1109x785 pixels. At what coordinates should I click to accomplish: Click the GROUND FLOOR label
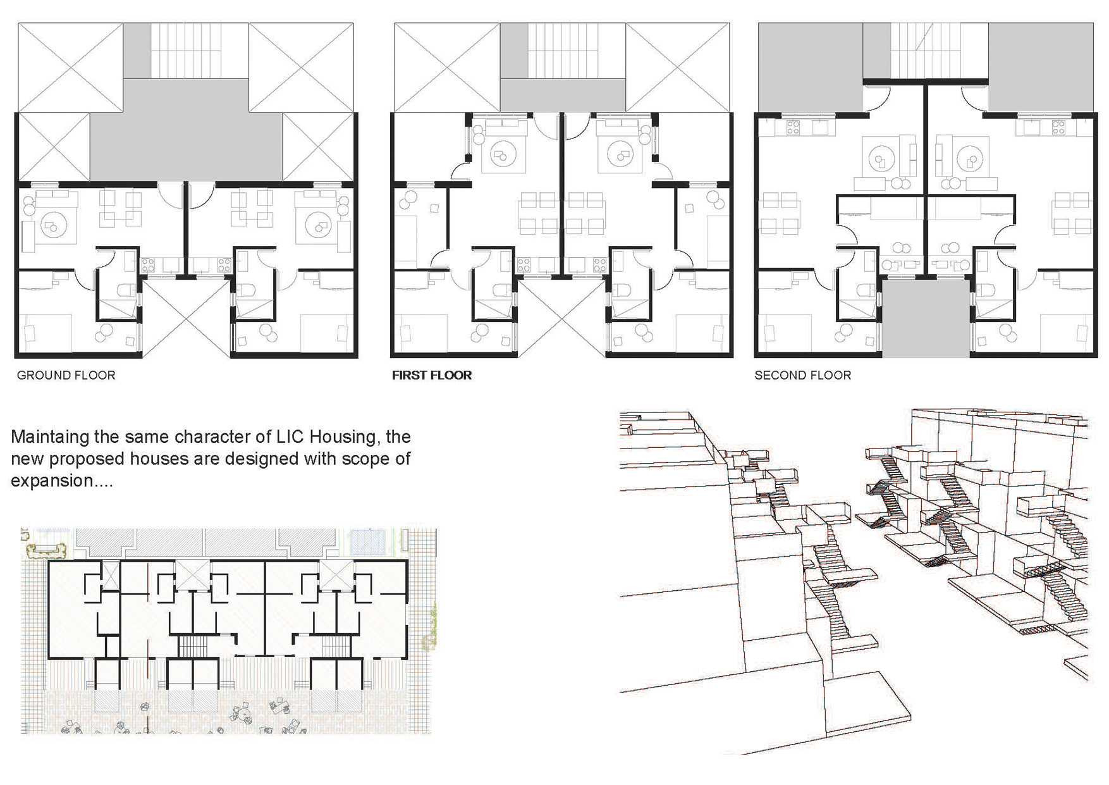pyautogui.click(x=66, y=375)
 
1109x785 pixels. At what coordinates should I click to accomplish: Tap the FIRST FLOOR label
pyautogui.click(x=432, y=375)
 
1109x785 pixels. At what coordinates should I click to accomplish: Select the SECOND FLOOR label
pyautogui.click(x=802, y=375)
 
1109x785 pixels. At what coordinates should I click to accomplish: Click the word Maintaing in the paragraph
pyautogui.click(x=50, y=437)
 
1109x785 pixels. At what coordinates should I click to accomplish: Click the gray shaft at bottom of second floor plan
pyautogui.click(x=926, y=318)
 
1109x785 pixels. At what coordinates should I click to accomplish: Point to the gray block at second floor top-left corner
pyautogui.click(x=811, y=68)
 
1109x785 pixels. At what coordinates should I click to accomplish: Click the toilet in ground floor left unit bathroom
pyautogui.click(x=127, y=290)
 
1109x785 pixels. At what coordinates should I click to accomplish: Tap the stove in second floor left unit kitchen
pyautogui.click(x=793, y=128)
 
